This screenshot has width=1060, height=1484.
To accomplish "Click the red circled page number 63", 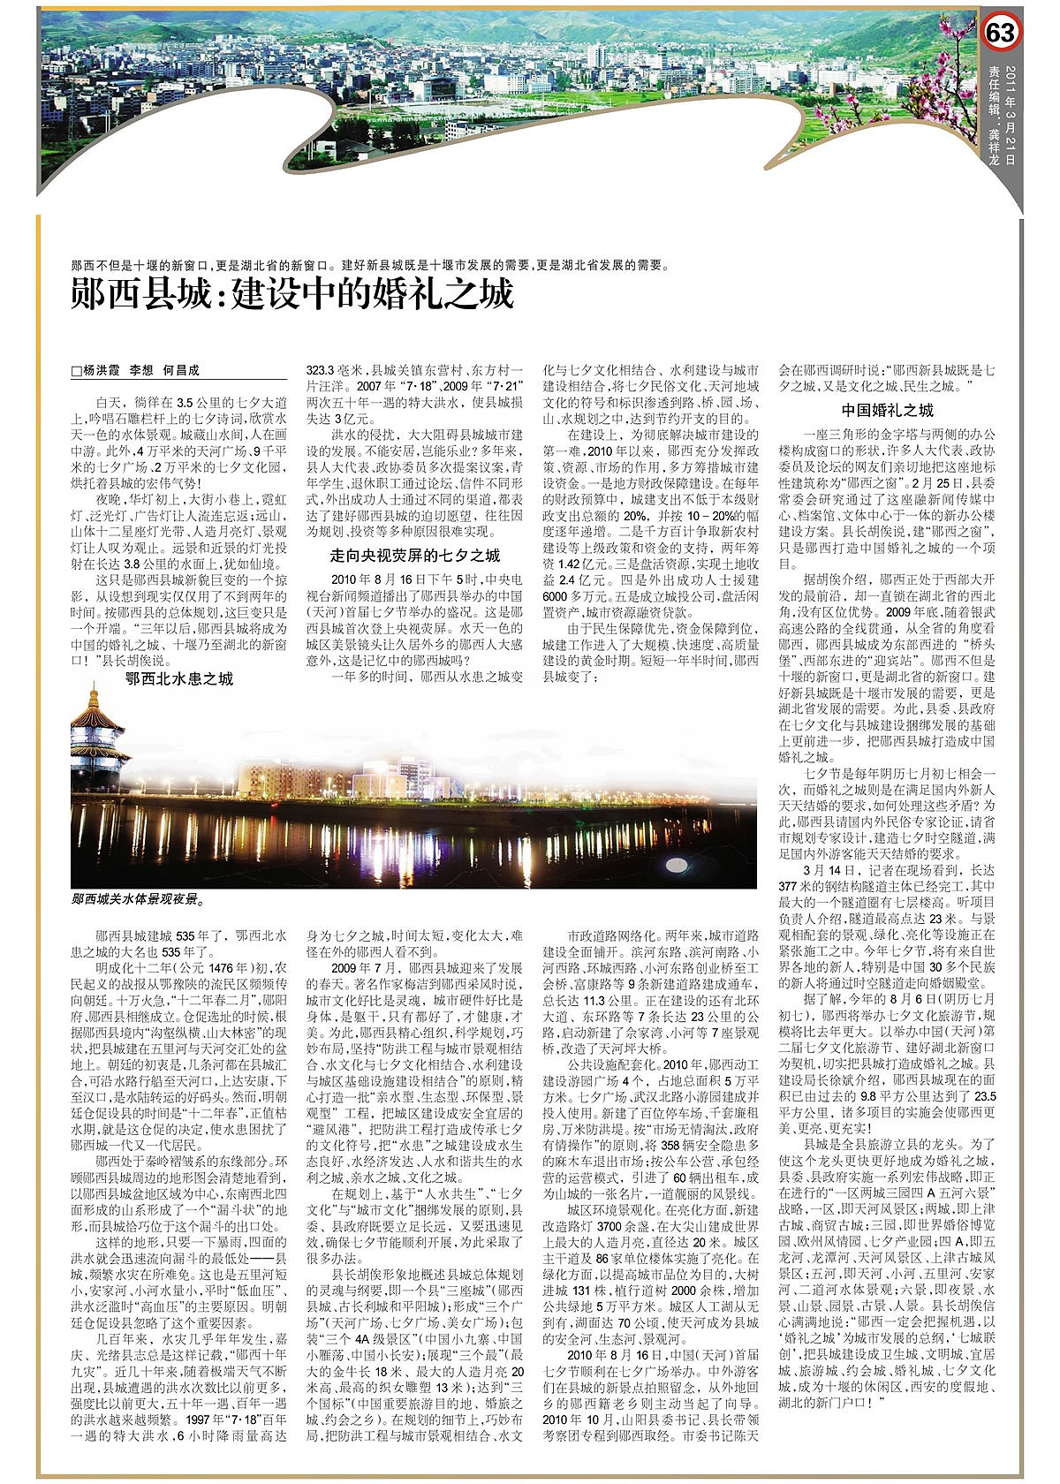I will (1002, 33).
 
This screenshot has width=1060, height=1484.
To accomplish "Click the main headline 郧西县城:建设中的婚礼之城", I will (292, 293).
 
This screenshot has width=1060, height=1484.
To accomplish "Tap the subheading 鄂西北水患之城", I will (178, 678).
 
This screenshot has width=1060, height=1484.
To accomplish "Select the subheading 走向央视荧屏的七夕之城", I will (414, 555).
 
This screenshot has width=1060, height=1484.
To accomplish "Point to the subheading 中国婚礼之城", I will (887, 410).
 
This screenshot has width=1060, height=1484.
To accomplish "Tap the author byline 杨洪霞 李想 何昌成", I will (140, 371).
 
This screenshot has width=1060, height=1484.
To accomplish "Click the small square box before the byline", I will (76, 372).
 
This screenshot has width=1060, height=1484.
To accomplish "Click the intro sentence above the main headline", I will (371, 264).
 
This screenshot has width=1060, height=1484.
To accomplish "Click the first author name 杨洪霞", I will (102, 371).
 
